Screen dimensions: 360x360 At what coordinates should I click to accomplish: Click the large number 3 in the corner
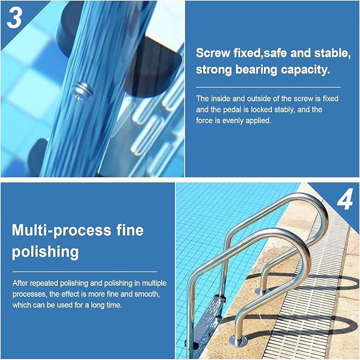pos(14,18)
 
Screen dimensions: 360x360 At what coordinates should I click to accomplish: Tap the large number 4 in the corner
pos(345,199)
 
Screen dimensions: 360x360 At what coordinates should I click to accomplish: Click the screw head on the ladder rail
pos(82,91)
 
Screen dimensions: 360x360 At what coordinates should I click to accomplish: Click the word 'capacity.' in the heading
pos(305,70)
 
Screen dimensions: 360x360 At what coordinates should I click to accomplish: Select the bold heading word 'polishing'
pos(45,252)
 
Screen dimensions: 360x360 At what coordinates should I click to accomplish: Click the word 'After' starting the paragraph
pos(20,283)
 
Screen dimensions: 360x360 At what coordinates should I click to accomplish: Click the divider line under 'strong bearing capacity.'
pos(268,87)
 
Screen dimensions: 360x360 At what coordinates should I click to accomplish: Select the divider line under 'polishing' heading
pos(85,271)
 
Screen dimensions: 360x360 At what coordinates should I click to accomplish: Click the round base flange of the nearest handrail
pos(239,341)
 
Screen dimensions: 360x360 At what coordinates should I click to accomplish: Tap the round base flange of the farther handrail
pos(262,292)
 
